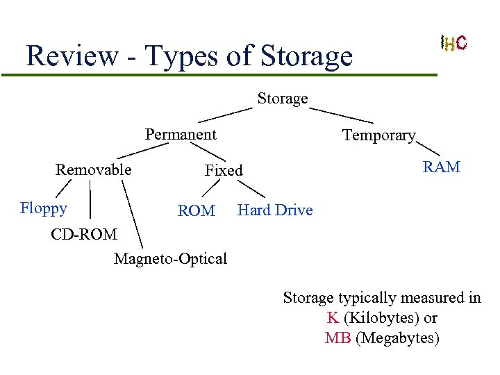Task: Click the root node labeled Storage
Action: [x=282, y=99]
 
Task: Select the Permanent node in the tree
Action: [x=181, y=134]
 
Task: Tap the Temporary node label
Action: [x=378, y=135]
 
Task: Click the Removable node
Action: [x=94, y=169]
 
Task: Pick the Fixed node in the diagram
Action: [x=224, y=170]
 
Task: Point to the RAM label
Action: [x=442, y=167]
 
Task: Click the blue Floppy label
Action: [x=44, y=208]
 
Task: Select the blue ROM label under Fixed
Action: [x=197, y=210]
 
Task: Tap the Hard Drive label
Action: [x=275, y=210]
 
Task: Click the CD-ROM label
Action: [x=84, y=234]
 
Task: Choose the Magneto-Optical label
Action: [x=170, y=259]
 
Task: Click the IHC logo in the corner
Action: [x=453, y=43]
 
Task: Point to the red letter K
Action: [x=333, y=318]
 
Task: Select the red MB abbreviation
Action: [x=337, y=338]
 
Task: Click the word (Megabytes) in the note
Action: [x=397, y=338]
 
